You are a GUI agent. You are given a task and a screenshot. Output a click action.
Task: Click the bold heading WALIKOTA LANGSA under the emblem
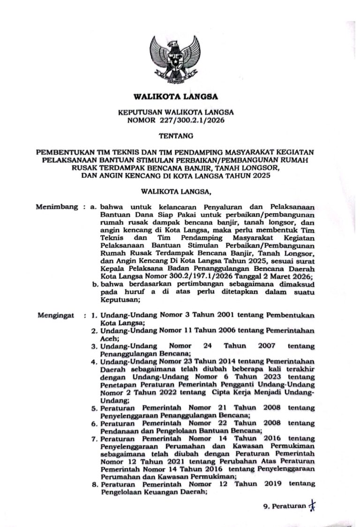176,98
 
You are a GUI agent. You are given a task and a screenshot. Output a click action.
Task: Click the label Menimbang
57,206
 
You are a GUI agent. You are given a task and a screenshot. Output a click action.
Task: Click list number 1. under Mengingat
94,316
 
